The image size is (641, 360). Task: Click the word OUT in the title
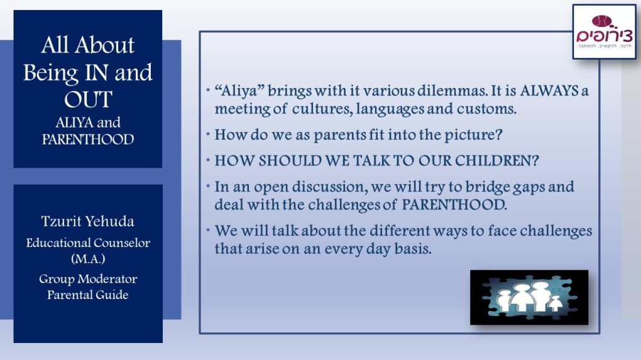[88, 99]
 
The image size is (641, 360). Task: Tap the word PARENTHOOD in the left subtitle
[88, 139]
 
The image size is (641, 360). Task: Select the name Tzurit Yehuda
[88, 222]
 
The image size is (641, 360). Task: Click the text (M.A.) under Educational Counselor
[88, 259]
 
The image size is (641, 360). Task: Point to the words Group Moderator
[88, 279]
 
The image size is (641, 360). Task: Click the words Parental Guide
[88, 295]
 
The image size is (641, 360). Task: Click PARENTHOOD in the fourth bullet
[454, 205]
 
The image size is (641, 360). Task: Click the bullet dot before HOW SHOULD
[208, 160]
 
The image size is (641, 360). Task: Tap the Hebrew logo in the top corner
[604, 32]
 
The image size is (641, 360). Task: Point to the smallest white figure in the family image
[555, 304]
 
